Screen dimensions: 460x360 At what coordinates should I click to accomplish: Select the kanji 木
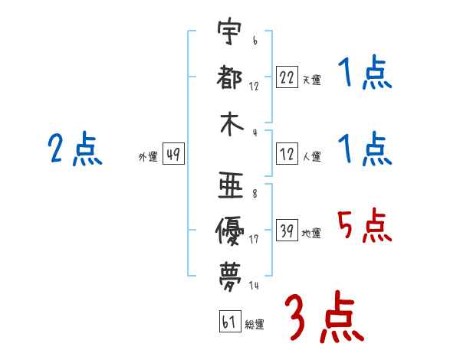point(230,126)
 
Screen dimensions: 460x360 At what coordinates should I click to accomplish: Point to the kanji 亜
point(230,184)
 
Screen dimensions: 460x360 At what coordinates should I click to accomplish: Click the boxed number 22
point(287,77)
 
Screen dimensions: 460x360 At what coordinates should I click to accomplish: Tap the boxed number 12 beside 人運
point(287,155)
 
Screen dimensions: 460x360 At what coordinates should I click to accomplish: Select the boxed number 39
point(287,232)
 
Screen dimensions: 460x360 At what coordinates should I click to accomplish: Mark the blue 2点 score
point(75,149)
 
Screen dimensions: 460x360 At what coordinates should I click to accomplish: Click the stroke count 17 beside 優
point(254,238)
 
